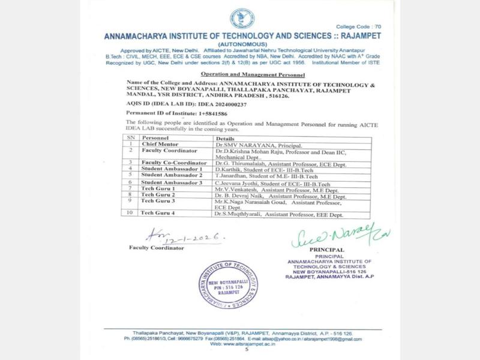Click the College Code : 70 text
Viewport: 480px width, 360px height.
point(358,28)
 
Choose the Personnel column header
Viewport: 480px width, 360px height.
point(155,138)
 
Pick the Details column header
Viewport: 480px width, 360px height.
point(225,138)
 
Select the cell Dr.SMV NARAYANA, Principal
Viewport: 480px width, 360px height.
point(254,145)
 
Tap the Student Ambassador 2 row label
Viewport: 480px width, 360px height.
point(170,175)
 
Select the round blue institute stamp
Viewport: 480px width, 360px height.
point(234,287)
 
